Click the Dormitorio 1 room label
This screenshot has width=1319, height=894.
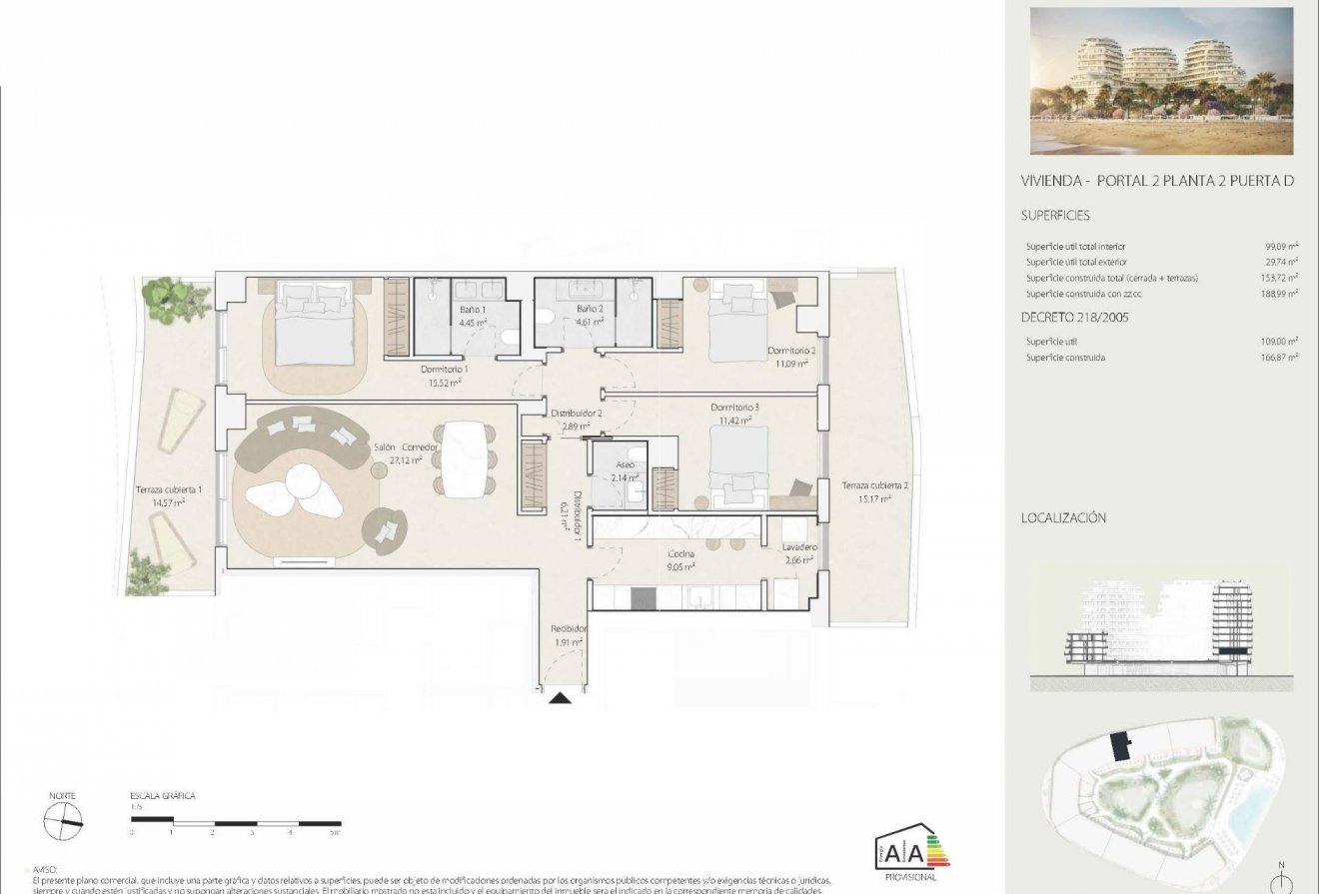[445, 369]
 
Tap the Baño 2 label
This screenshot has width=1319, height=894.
[589, 309]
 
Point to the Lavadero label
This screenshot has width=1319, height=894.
[799, 547]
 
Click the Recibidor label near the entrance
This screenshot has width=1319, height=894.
[569, 628]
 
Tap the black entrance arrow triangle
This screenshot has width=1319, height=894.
[561, 698]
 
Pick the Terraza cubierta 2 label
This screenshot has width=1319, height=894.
[874, 485]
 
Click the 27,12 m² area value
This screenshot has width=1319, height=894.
[405, 460]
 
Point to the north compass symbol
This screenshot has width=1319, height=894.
[62, 821]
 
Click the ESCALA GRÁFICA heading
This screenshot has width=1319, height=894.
[162, 796]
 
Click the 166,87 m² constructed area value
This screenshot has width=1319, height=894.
[1278, 358]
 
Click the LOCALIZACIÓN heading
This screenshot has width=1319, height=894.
[1063, 518]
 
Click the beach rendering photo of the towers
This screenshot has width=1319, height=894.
[1161, 81]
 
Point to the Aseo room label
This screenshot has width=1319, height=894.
[625, 464]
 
